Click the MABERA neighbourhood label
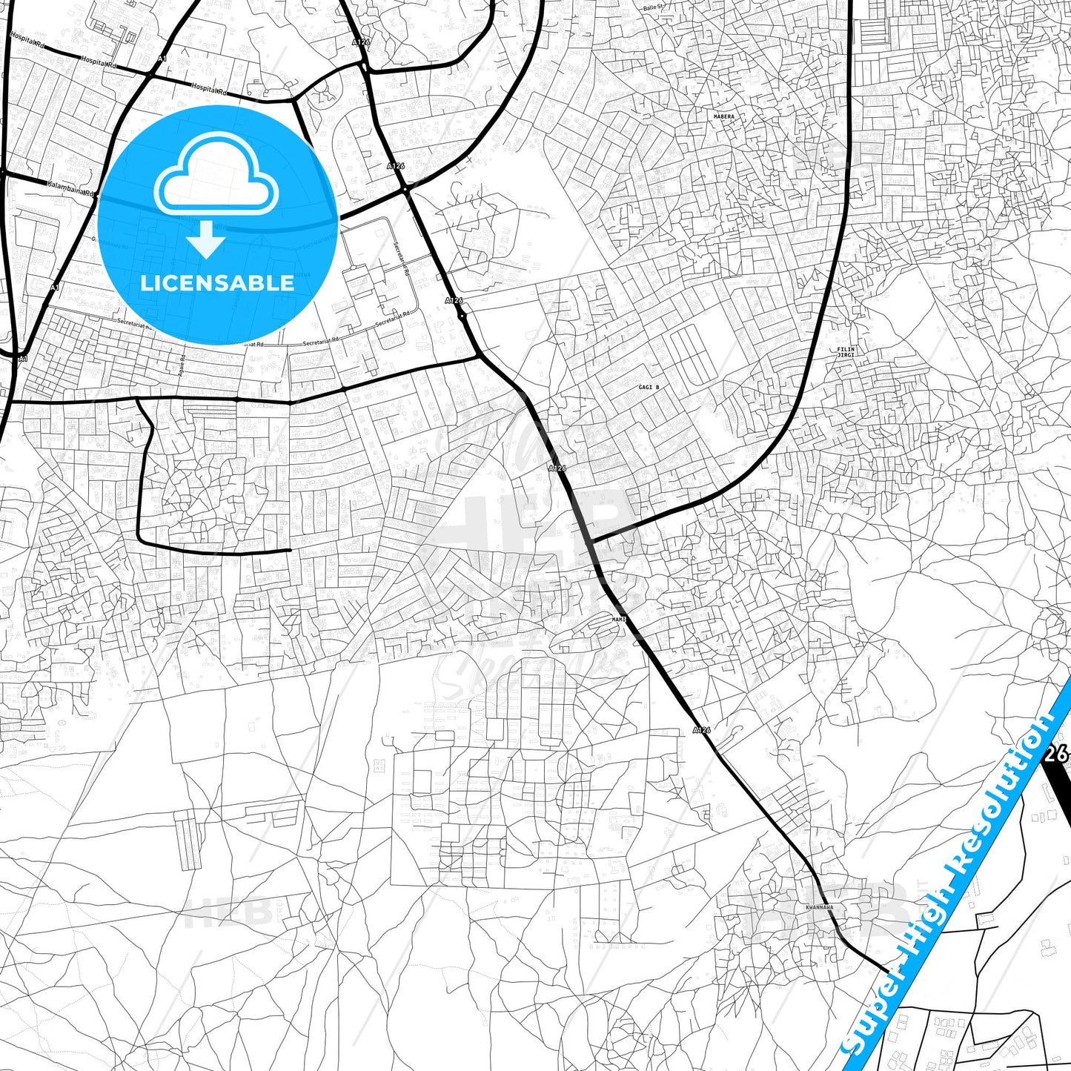pos(723,117)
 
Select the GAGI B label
pos(648,388)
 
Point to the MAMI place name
pos(620,619)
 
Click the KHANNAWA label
pos(819,907)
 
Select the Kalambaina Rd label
pos(71,188)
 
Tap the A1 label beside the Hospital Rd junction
pos(162,59)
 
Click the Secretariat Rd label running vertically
pos(402,259)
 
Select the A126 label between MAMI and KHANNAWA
pos(701,730)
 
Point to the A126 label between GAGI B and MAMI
pos(557,468)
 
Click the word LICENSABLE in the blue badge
pos(217,283)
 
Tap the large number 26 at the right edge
pos(1055,755)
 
